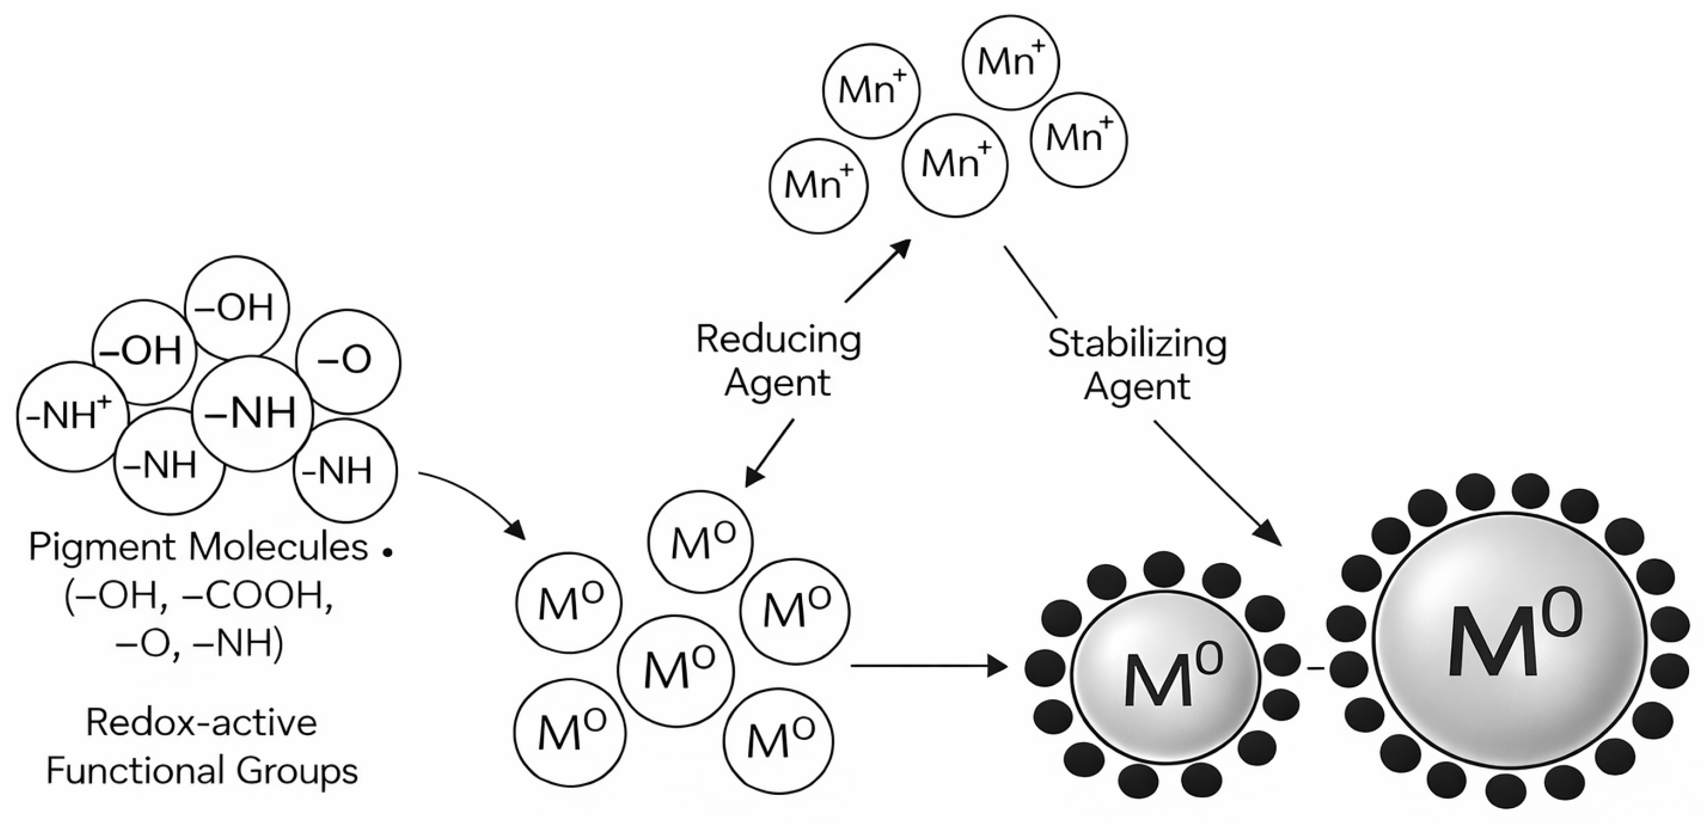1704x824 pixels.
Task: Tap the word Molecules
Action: click(278, 548)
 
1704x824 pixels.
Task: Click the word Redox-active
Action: click(201, 722)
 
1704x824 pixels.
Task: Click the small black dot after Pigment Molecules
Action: click(388, 551)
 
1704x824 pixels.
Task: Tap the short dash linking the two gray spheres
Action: click(1316, 669)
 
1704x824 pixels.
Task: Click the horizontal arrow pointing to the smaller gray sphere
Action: click(929, 665)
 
